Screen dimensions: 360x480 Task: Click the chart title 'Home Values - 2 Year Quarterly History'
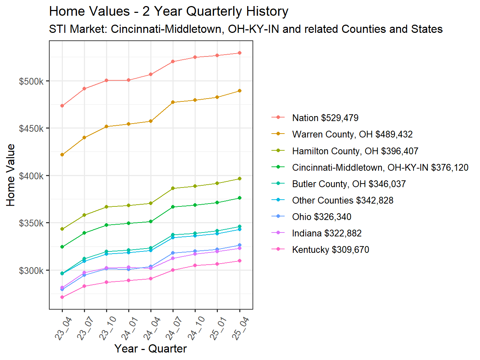tap(169, 11)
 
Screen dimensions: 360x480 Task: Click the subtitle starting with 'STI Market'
tap(246, 29)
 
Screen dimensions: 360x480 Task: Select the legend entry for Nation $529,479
tap(325, 118)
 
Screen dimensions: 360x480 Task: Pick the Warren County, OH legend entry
tap(352, 134)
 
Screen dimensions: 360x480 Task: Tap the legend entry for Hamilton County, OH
tap(355, 151)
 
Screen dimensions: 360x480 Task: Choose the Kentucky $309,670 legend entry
tap(330, 250)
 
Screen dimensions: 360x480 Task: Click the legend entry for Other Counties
tap(342, 200)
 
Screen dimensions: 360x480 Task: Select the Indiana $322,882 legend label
tap(326, 233)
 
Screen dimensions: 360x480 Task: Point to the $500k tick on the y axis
tap(31, 81)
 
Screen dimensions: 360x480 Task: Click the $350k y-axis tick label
tap(31, 223)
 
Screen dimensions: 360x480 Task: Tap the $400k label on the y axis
tap(31, 176)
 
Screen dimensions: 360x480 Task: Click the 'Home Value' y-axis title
tap(11, 175)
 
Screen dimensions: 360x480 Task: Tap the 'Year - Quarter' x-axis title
tap(150, 349)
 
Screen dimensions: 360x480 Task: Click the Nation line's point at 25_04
tap(240, 53)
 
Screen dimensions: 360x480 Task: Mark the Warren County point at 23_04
tap(62, 155)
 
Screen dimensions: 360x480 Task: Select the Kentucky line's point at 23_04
tap(62, 297)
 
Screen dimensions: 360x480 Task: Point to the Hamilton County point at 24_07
tap(173, 188)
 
